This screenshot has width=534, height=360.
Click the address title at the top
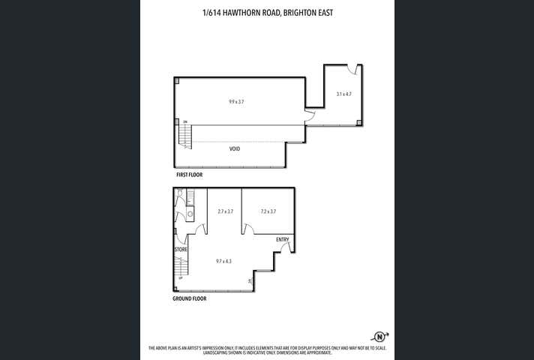(x=266, y=13)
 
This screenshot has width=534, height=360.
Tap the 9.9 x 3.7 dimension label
(x=236, y=100)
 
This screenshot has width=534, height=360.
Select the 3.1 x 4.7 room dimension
(x=343, y=94)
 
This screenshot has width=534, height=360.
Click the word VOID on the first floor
(x=235, y=149)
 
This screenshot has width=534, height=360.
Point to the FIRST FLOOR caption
(x=189, y=175)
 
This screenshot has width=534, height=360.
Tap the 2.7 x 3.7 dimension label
(x=223, y=211)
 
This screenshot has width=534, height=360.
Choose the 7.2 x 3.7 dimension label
(x=268, y=211)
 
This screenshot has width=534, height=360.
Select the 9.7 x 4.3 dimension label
(x=223, y=261)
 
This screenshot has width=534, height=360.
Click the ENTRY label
(x=283, y=239)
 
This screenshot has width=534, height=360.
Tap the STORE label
(x=181, y=249)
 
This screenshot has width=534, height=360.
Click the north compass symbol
(x=380, y=336)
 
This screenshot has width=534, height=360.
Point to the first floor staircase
(x=185, y=136)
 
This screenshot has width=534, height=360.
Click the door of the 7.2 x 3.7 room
(x=247, y=228)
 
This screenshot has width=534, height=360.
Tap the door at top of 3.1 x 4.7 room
(x=352, y=70)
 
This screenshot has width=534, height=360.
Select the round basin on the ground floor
(x=190, y=214)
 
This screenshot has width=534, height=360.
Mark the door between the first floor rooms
(x=309, y=115)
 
